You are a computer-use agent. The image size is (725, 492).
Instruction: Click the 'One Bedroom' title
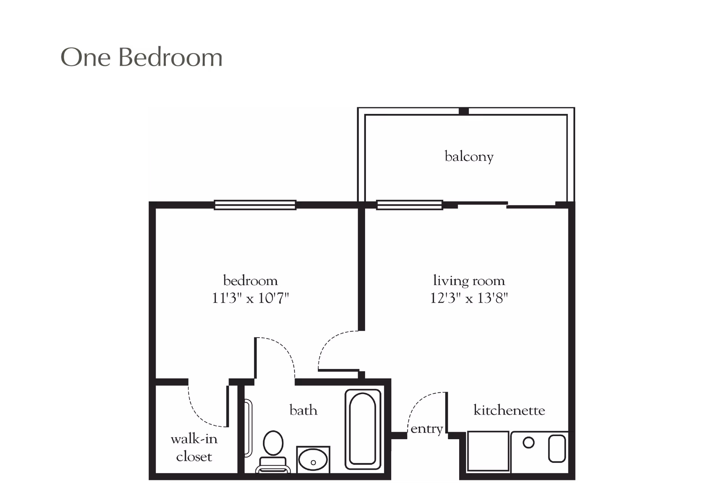[x=142, y=58]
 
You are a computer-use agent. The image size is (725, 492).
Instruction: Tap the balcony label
[x=469, y=156]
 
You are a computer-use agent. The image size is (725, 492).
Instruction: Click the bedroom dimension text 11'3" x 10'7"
[x=250, y=299]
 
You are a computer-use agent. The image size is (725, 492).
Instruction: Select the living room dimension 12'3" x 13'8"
[x=469, y=299]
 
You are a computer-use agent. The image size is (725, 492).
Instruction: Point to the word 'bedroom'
[x=250, y=281]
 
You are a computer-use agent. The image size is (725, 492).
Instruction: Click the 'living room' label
[x=469, y=281]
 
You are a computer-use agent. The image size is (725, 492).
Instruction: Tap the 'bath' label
[x=303, y=410]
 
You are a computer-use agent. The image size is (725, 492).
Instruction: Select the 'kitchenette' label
[x=509, y=410]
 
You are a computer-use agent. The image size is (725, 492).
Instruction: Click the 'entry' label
[x=427, y=429]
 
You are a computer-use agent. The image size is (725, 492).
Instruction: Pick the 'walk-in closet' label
[x=194, y=448]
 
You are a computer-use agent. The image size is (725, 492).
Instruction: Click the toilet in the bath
[x=273, y=449]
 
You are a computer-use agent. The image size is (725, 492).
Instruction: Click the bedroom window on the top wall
[x=255, y=205]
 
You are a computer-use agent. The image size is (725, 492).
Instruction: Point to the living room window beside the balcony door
[x=409, y=205]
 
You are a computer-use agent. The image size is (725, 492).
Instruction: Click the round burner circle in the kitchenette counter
[x=529, y=443]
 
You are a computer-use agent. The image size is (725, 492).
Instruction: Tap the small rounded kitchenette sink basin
[x=557, y=448]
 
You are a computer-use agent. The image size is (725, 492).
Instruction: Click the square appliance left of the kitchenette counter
[x=488, y=452]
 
